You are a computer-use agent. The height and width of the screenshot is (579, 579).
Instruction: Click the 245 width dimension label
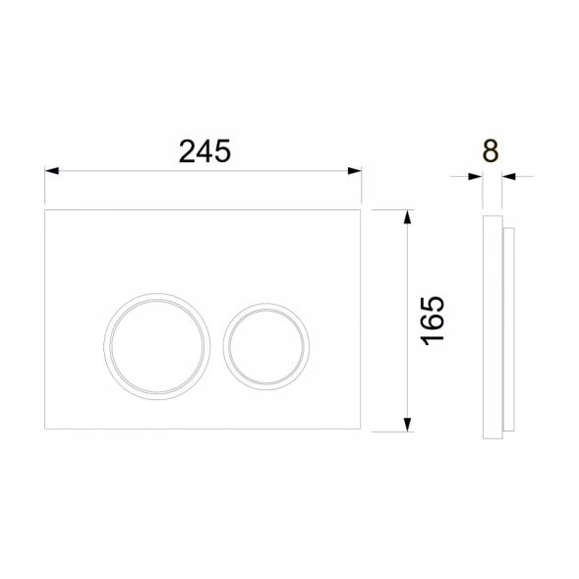point(204,151)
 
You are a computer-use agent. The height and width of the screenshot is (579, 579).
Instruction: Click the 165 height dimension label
point(433,320)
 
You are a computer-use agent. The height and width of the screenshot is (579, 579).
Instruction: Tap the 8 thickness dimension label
point(491,150)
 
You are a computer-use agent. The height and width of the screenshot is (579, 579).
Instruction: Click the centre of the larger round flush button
point(157,346)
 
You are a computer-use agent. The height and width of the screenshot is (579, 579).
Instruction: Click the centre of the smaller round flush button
point(266,347)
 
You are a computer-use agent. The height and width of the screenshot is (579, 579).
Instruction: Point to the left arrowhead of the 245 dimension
point(52,171)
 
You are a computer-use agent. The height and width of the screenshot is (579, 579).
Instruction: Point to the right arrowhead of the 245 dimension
point(355,171)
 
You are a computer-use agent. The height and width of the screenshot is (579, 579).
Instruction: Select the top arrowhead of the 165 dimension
point(407,216)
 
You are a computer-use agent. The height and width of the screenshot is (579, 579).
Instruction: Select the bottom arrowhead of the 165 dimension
point(407,425)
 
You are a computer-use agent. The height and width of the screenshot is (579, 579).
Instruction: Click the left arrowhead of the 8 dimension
point(475,177)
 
